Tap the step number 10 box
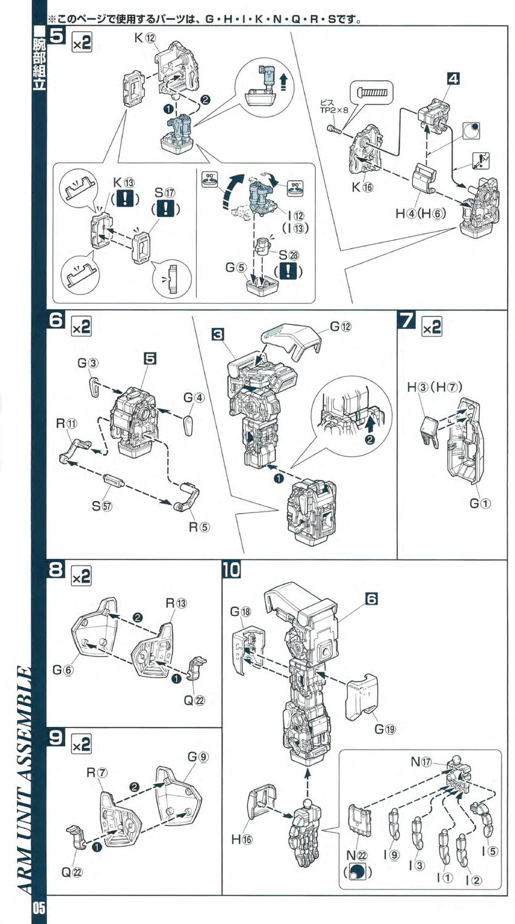point(232,571)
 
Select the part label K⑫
point(145,38)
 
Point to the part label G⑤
point(236,269)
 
